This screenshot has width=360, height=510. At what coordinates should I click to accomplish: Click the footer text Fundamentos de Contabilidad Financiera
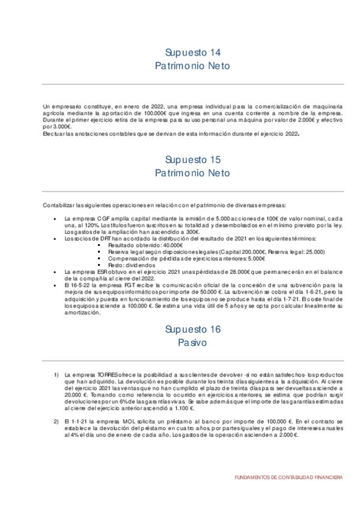[x=288, y=477]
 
